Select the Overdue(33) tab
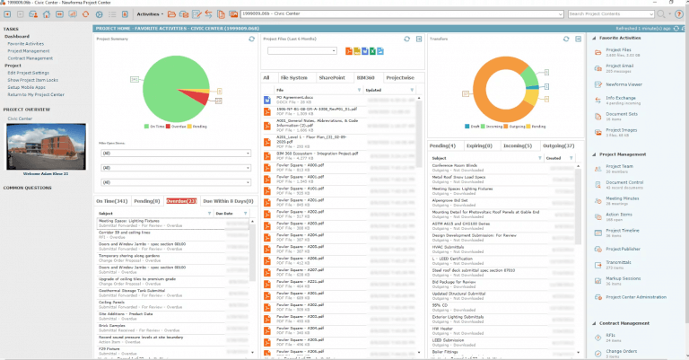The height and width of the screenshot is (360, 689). pyautogui.click(x=182, y=201)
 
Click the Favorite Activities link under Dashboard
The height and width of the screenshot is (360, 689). pyautogui.click(x=26, y=43)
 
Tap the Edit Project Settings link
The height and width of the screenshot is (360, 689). pyautogui.click(x=29, y=72)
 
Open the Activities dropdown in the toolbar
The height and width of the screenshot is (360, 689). pyautogui.click(x=151, y=13)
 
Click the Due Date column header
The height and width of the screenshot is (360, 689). pyautogui.click(x=224, y=214)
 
